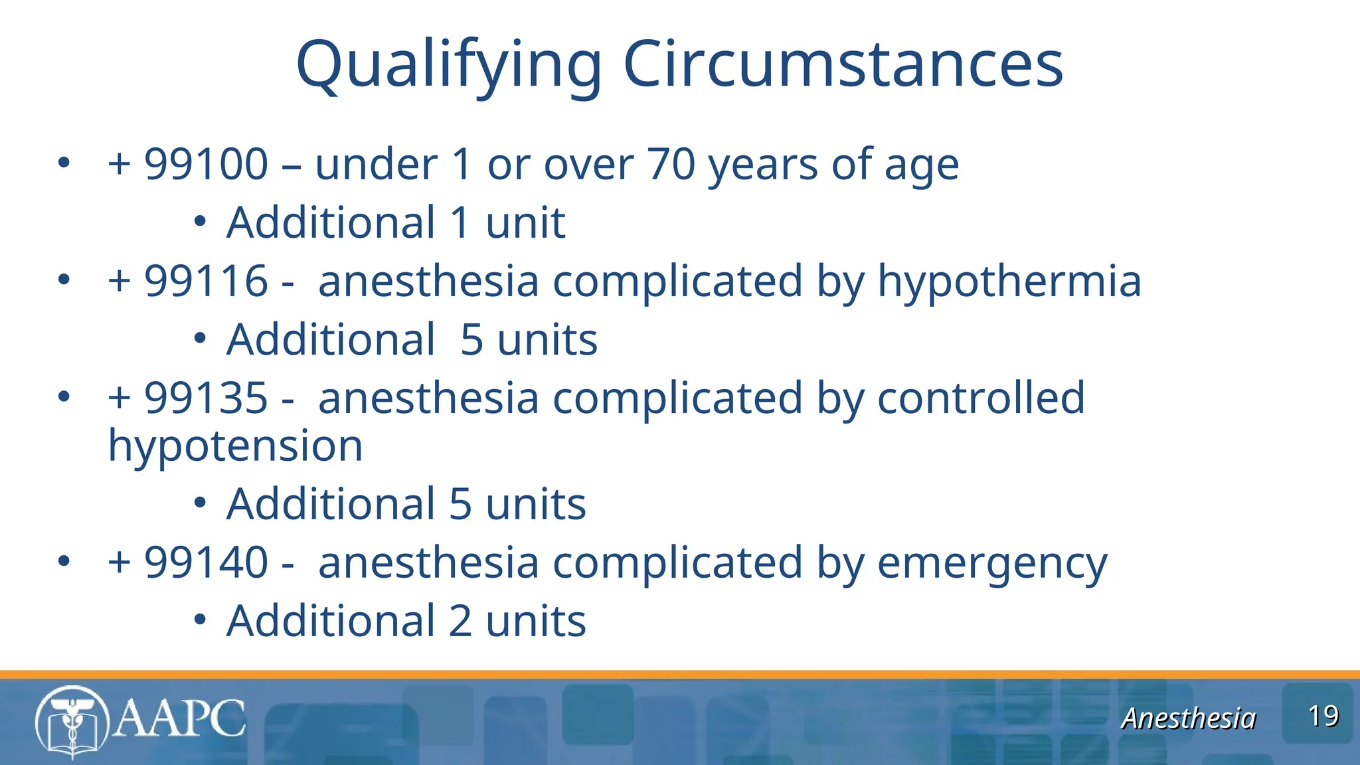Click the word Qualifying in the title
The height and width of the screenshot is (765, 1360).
(x=449, y=65)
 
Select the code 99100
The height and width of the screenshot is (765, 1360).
(x=207, y=164)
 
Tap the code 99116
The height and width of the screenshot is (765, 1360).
(x=207, y=281)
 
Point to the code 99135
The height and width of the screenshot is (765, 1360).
(x=207, y=398)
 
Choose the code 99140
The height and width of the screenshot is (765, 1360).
(x=207, y=562)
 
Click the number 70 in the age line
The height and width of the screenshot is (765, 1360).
(x=671, y=164)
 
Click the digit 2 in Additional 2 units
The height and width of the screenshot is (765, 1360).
(x=460, y=622)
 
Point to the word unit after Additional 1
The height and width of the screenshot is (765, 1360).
(x=525, y=222)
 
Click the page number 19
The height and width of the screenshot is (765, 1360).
(x=1323, y=717)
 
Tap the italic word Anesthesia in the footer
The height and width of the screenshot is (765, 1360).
(x=1189, y=719)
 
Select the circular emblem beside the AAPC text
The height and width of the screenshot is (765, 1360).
(x=72, y=722)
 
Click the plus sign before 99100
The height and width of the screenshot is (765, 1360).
(x=120, y=164)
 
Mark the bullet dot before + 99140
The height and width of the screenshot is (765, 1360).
(x=64, y=562)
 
